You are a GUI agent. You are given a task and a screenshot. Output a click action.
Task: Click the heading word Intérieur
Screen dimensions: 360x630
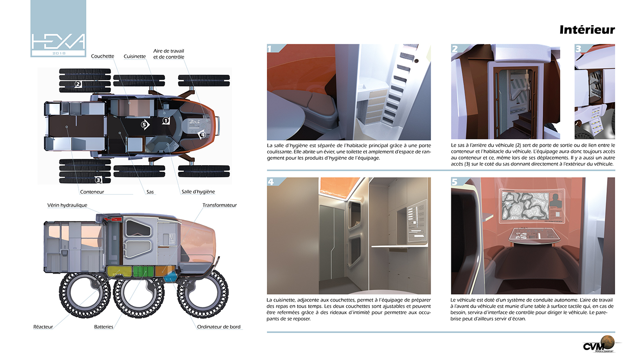[x=587, y=30]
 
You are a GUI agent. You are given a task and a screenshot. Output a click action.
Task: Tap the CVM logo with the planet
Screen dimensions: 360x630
[x=598, y=344]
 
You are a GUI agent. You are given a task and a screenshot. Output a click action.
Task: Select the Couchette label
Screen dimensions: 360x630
[x=103, y=56]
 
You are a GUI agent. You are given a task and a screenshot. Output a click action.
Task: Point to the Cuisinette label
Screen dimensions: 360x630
[x=135, y=56]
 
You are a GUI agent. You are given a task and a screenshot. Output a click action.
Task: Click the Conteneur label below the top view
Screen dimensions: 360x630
[x=92, y=192]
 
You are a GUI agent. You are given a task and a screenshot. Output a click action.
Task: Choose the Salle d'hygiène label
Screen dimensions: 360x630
[x=198, y=192]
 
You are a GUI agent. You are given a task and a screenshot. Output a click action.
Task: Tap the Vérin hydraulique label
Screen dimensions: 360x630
[x=67, y=205]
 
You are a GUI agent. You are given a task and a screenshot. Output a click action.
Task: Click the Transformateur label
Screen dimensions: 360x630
[x=219, y=205]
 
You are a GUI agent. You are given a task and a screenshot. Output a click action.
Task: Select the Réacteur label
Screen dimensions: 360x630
[x=43, y=327]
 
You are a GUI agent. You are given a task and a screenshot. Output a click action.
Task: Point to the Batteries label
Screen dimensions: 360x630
[x=103, y=327]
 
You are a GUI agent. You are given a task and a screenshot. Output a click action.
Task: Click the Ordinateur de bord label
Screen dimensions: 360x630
[x=219, y=327]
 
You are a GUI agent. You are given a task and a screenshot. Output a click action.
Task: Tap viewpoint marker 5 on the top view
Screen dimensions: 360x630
[x=144, y=124]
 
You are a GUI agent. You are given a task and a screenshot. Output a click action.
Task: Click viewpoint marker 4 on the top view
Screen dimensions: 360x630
[x=202, y=134]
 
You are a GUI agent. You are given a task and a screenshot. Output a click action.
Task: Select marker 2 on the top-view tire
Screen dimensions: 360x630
[x=78, y=84]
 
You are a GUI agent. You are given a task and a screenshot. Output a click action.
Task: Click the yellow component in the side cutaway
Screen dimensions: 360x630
[x=119, y=272]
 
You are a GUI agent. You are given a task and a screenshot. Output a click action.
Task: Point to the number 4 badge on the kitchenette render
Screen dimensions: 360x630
[x=271, y=182]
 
